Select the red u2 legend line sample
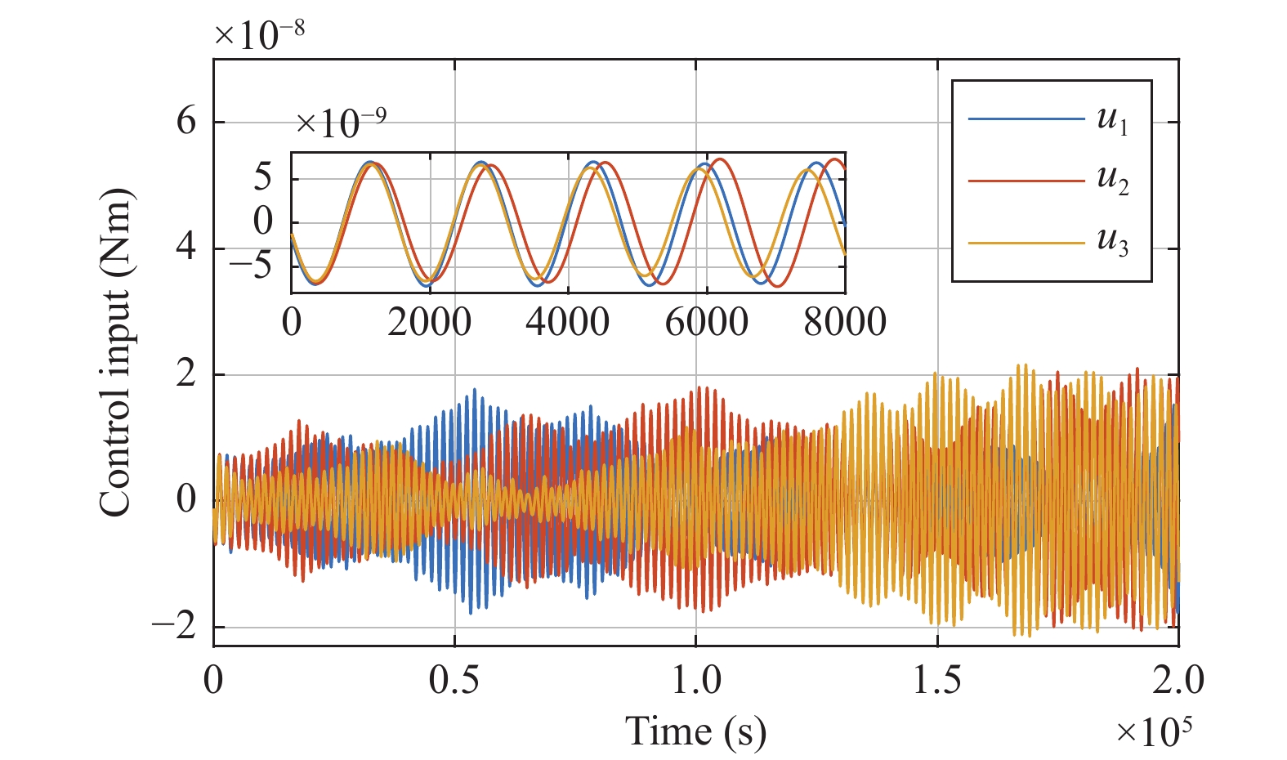1026,181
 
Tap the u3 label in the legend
1112,243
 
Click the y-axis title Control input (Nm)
115,352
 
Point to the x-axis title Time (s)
695,731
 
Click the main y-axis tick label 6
186,122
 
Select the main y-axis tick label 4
186,248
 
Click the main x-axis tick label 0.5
454,680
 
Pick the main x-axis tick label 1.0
696,680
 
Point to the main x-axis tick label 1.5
937,680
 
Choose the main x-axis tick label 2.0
1178,680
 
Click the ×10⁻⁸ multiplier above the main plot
259,34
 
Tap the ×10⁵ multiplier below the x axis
1153,731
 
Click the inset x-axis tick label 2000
430,322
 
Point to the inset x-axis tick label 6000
706,322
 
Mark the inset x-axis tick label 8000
844,322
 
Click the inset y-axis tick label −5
250,266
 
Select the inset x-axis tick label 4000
568,322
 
